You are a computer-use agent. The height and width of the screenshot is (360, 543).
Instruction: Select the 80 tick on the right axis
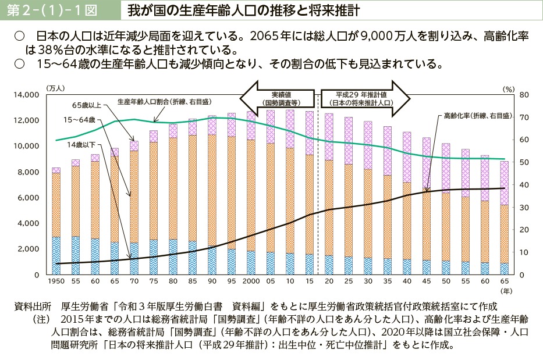pos(523,94)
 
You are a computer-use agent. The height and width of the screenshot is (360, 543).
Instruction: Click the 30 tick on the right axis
pos(523,207)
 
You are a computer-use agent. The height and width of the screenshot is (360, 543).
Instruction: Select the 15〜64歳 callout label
pos(79,119)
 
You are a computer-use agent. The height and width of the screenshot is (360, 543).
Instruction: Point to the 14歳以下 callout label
pos(82,144)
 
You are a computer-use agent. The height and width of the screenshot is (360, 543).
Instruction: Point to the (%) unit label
pos(509,89)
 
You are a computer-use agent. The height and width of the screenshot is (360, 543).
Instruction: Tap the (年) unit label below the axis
pos(506,290)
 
